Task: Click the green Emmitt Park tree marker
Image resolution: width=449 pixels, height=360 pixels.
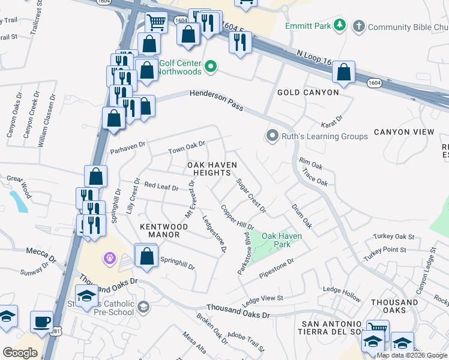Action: (340, 25)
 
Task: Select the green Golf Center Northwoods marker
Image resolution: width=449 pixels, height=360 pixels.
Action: (211, 67)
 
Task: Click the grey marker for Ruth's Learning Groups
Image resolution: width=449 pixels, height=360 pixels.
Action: (273, 136)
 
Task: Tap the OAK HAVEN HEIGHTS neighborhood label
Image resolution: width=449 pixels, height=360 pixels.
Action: (209, 169)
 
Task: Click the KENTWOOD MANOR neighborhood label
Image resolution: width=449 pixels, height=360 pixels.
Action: (164, 231)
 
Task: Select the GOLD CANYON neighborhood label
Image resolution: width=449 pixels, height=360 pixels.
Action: (308, 92)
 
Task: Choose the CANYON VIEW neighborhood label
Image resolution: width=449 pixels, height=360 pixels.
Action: (403, 132)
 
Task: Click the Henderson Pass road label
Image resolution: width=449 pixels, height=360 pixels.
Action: (217, 100)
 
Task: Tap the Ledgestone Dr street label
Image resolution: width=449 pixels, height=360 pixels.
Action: (214, 233)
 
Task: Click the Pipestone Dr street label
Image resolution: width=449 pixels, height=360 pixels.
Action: (276, 268)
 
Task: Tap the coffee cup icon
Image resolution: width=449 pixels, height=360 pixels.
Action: (41, 322)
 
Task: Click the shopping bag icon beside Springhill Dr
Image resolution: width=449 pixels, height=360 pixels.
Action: (146, 256)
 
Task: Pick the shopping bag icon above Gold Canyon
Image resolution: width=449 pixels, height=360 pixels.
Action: (343, 72)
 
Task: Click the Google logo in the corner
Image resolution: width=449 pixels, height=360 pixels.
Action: (20, 353)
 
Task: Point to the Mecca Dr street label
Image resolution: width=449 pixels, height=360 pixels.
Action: (41, 255)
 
